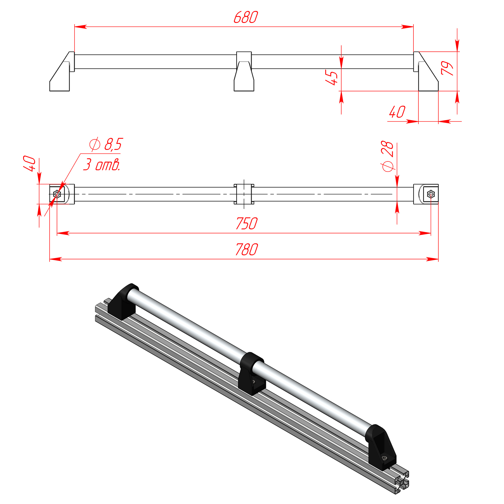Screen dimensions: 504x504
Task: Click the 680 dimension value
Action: [x=246, y=17]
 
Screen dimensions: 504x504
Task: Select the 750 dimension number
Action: [x=247, y=223]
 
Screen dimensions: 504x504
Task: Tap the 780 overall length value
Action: [x=247, y=249]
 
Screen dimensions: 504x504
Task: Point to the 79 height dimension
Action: [x=447, y=68]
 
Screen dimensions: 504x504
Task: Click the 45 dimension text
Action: [x=331, y=77]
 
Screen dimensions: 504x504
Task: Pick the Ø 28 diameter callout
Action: [x=387, y=156]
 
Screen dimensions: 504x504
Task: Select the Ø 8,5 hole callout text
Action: [x=106, y=144]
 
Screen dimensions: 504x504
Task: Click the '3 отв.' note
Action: [x=102, y=165]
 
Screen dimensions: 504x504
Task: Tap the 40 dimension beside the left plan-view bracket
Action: [x=29, y=163]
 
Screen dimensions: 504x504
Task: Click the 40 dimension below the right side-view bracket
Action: [x=397, y=112]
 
